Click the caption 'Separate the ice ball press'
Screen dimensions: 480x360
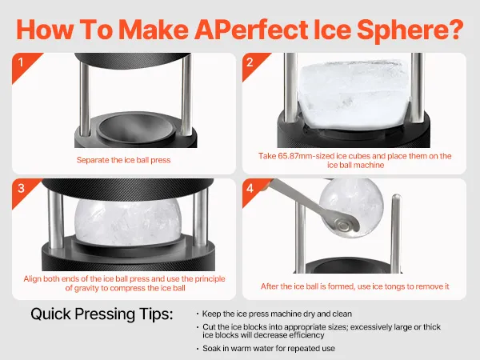[123, 160]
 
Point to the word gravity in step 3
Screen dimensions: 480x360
[89, 288]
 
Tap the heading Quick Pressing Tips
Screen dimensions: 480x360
[102, 314]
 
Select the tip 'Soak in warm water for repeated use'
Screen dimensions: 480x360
[269, 348]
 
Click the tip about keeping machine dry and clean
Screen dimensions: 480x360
[277, 314]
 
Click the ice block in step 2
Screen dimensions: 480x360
[354, 94]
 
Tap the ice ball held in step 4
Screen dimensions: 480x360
[351, 207]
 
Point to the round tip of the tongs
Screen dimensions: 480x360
[346, 226]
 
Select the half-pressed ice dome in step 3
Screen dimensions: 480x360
[128, 222]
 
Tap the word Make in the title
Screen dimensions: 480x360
[154, 30]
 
